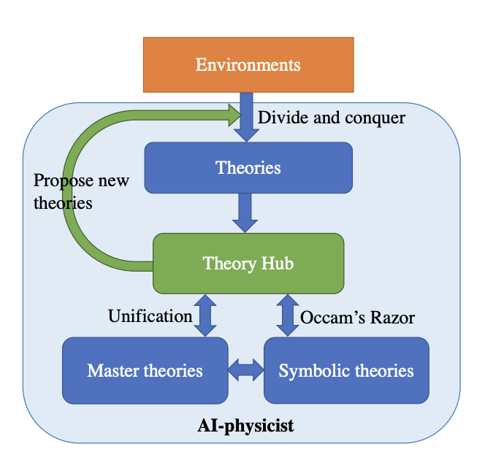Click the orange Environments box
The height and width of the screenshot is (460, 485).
[248, 64]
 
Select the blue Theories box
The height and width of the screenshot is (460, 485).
[248, 167]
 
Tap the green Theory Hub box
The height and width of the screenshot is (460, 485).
[248, 263]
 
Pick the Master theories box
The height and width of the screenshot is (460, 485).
[145, 370]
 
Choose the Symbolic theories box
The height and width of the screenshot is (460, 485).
[346, 370]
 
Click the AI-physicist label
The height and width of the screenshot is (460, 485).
[246, 426]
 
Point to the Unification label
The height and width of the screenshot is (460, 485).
[150, 316]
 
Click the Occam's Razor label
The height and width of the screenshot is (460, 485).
[358, 317]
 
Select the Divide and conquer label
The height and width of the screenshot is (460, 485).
[332, 117]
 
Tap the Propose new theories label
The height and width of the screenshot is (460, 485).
[80, 191]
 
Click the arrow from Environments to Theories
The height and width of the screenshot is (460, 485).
[247, 117]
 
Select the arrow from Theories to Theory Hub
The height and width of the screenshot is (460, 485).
[247, 212]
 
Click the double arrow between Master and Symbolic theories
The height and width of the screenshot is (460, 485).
[245, 370]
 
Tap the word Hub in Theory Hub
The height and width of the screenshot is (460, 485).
[278, 263]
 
